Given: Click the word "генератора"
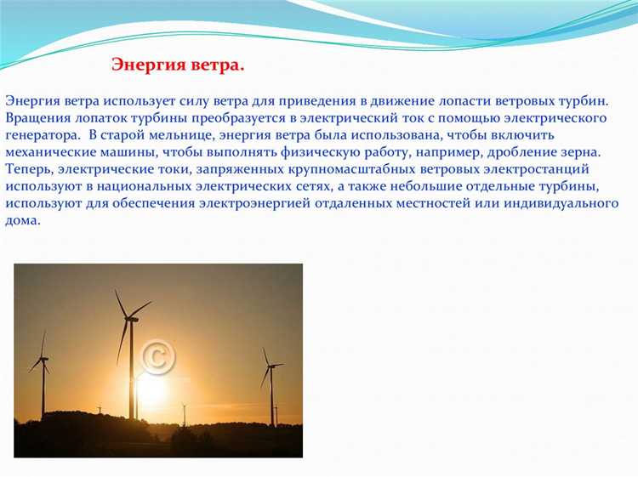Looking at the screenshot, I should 42,134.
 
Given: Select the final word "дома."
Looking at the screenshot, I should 22,221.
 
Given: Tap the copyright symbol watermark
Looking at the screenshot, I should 157,357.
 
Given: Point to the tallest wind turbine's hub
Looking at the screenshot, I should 130,319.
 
